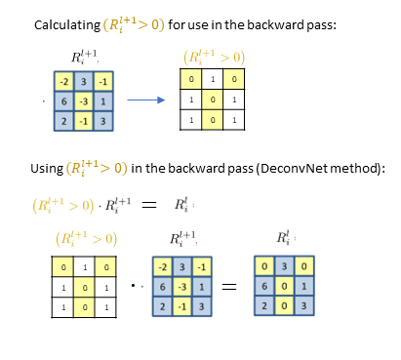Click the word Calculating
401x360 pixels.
pos(67,23)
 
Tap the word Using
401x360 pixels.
pos(50,166)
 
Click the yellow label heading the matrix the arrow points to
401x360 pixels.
pos(213,57)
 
